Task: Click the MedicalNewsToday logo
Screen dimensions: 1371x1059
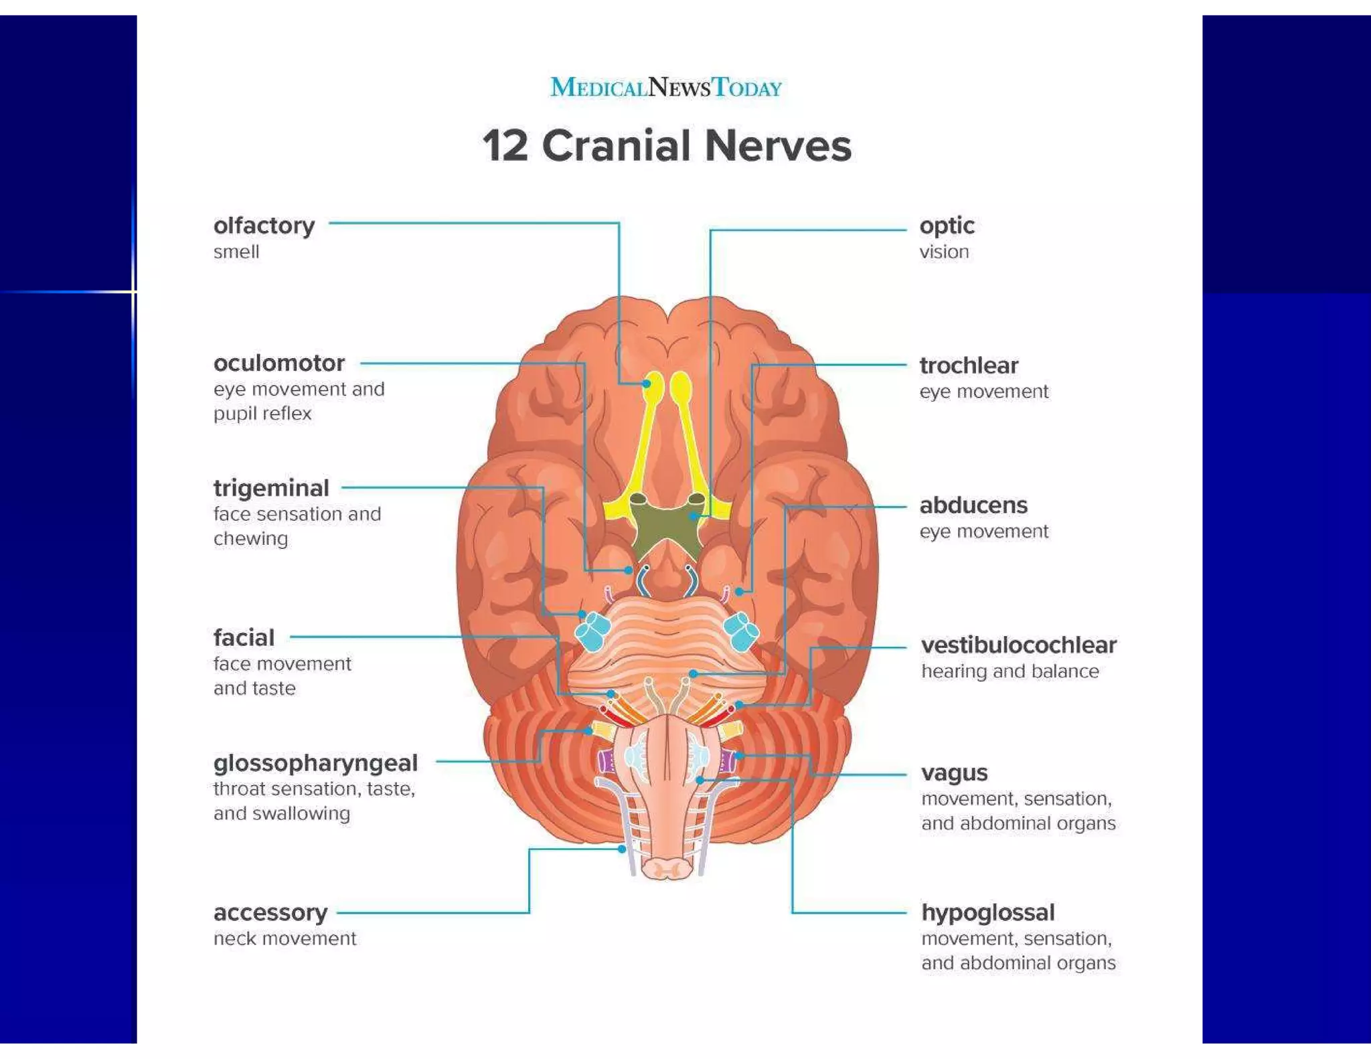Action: tap(665, 88)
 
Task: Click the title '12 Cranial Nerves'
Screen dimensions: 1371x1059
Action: tap(667, 145)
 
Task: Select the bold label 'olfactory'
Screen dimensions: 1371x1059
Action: tap(264, 226)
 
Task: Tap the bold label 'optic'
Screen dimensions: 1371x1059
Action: tap(947, 226)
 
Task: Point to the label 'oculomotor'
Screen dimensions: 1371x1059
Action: tap(279, 363)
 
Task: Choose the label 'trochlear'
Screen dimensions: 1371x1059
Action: tap(969, 365)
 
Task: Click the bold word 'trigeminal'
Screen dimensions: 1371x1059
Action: tap(271, 488)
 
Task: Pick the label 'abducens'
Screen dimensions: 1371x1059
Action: tap(973, 505)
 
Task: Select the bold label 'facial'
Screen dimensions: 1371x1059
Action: tap(244, 637)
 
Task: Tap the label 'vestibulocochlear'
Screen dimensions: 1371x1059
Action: tap(1018, 645)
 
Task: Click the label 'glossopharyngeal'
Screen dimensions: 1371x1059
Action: tap(315, 762)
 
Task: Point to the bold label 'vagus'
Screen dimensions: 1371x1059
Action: tap(954, 772)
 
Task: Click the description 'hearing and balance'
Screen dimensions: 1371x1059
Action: tap(1010, 671)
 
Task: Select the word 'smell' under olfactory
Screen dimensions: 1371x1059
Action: tap(236, 252)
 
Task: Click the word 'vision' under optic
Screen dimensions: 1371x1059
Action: tap(944, 252)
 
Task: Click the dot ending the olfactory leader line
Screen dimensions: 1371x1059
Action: tap(646, 384)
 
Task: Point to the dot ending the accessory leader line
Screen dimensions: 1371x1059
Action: tap(622, 849)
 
